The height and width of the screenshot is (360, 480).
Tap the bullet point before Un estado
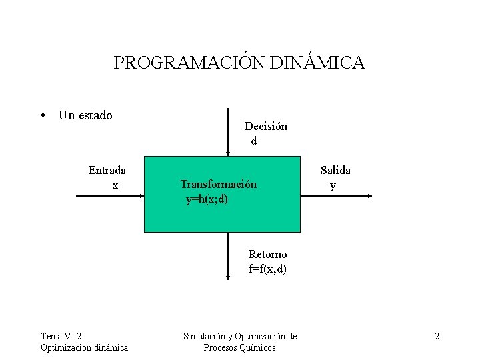[x=43, y=116]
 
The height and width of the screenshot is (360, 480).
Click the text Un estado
[x=85, y=115]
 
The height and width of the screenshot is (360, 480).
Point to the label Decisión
[x=266, y=126]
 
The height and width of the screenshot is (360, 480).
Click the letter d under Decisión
[x=253, y=141]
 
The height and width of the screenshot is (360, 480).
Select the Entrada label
[x=107, y=170]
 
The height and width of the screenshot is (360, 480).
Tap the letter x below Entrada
[x=115, y=185]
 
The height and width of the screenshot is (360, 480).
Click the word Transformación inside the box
[x=218, y=184]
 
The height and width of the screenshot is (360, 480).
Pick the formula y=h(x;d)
[x=207, y=199]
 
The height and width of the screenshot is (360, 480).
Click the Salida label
[x=335, y=170]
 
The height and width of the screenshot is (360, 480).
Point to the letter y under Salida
[x=333, y=185]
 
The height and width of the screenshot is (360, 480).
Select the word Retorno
[x=267, y=254]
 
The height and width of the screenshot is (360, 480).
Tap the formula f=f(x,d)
[x=267, y=269]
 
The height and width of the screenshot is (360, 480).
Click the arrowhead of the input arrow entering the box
[x=141, y=195]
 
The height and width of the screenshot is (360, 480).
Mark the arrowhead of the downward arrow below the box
[x=228, y=281]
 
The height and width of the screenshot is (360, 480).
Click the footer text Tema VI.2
[x=65, y=336]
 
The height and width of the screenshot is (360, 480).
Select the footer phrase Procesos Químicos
[x=239, y=347]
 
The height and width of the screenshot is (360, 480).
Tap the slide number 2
[x=437, y=336]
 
